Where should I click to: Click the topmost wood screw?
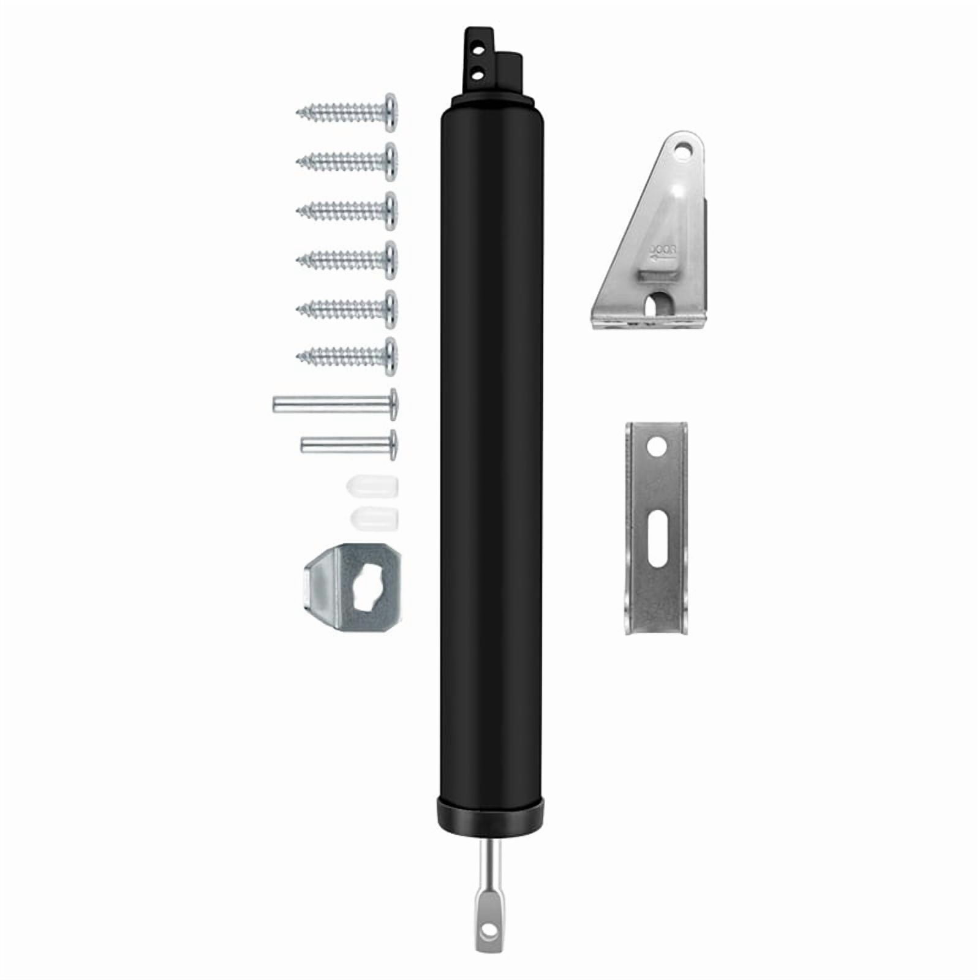tap(347, 112)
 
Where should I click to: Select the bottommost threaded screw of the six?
tap(347, 355)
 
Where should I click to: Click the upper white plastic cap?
tap(372, 487)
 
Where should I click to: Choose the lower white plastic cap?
tap(374, 518)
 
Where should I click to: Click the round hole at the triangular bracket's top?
tap(682, 149)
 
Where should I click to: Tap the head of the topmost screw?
tap(390, 112)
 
